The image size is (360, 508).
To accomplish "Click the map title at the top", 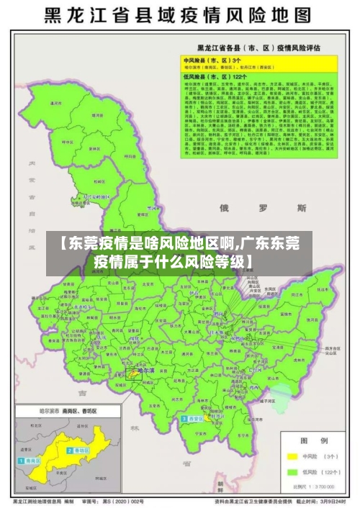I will click(x=179, y=15).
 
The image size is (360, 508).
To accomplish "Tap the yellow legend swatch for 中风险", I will click(x=292, y=456).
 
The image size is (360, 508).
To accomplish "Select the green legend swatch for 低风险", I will click(x=292, y=473).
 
